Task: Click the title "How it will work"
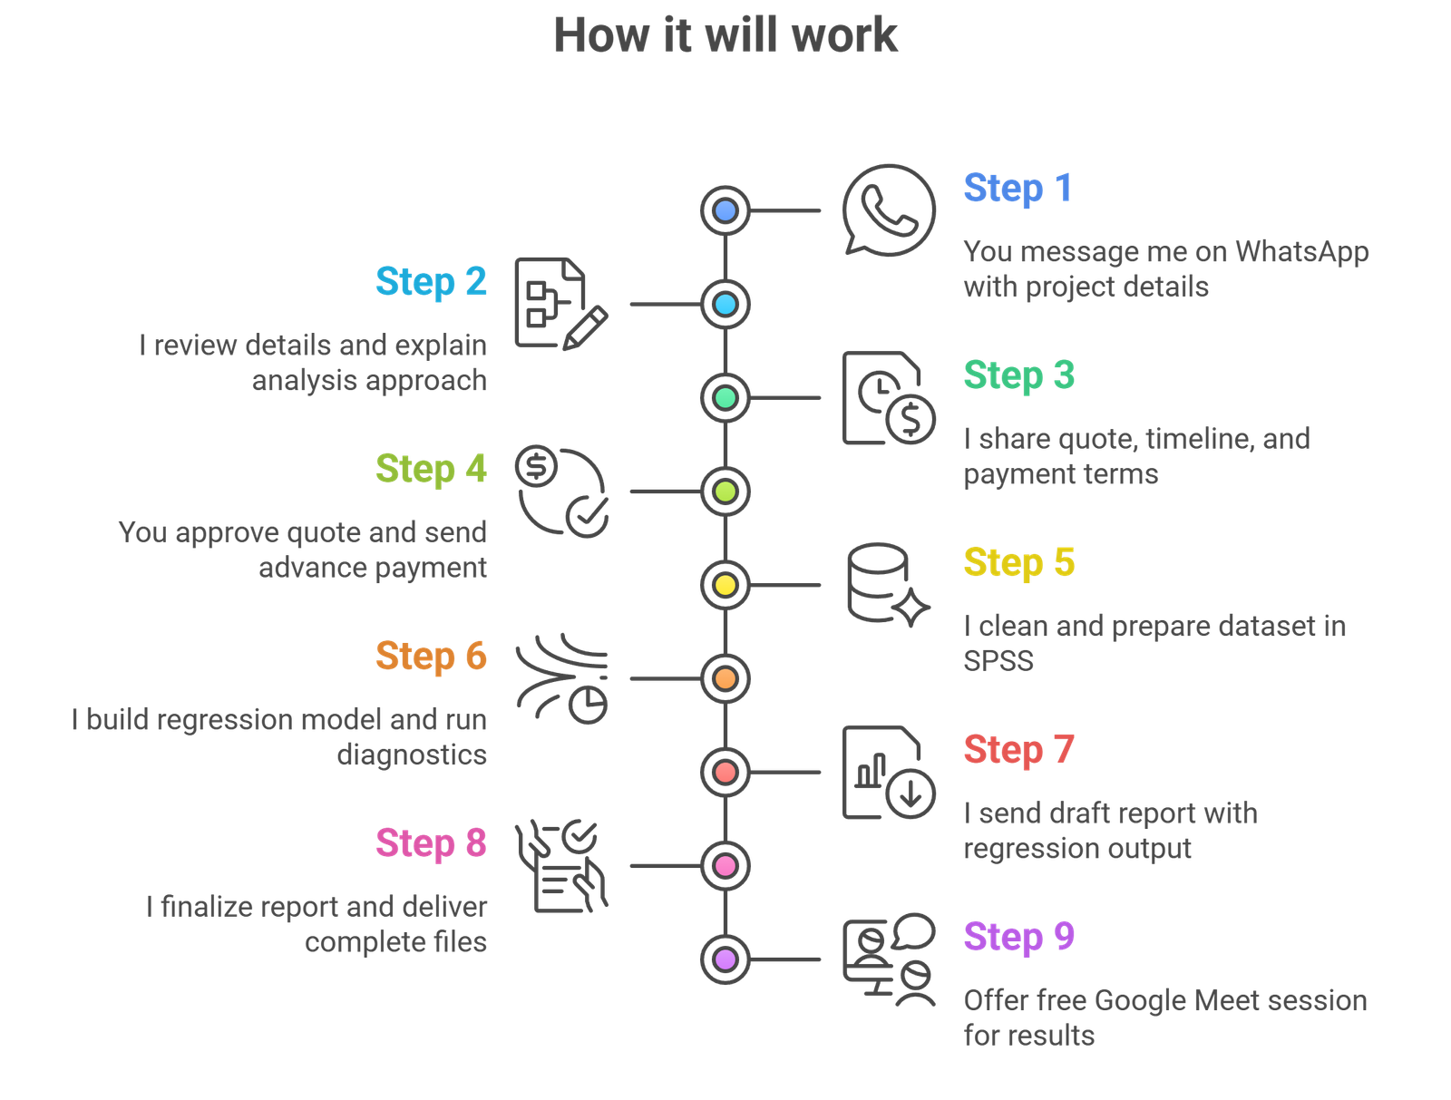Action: tap(725, 36)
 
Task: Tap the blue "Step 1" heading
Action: tap(1018, 189)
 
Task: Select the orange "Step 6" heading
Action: tap(431, 657)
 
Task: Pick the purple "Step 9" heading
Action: tap(1018, 937)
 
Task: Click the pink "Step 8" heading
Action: tap(431, 843)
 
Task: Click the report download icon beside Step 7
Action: tap(887, 773)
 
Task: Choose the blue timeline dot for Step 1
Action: tap(725, 211)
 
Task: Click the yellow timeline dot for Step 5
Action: tap(725, 585)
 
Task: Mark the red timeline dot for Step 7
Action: tap(725, 773)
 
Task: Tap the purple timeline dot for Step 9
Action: tap(725, 959)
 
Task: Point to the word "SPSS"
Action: tap(998, 661)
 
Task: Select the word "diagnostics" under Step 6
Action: tap(412, 754)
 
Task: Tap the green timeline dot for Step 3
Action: tap(725, 398)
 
